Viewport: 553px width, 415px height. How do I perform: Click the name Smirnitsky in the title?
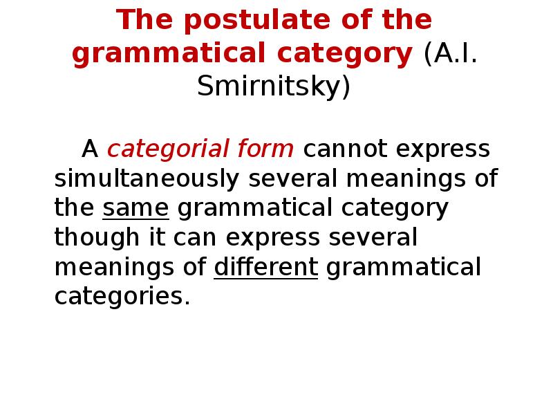point(274,88)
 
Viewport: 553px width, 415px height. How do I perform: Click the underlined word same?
point(135,208)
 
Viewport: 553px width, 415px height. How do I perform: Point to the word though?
point(93,238)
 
